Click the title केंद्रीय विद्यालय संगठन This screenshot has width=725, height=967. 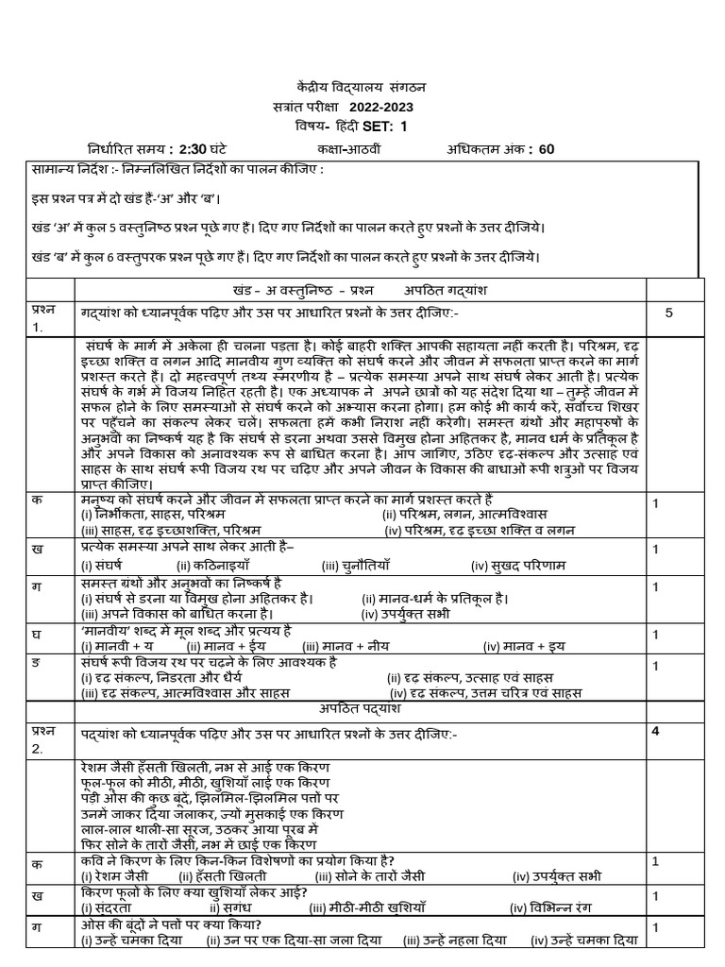(362, 86)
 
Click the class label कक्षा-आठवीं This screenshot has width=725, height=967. (352, 148)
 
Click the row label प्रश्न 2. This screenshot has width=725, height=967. (43, 739)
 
